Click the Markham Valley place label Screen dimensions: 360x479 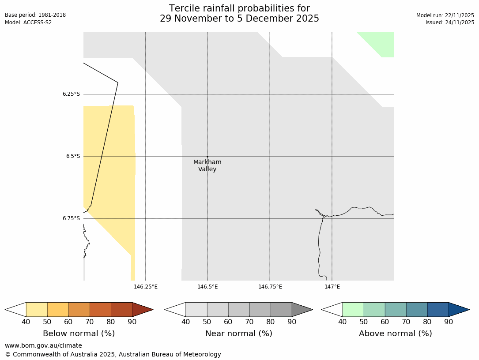[x=207, y=165]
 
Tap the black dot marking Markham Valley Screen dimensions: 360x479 [x=207, y=157]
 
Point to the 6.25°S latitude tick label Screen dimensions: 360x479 [x=71, y=94]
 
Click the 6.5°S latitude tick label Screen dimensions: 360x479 [x=73, y=156]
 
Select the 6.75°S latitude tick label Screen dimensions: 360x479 [x=71, y=218]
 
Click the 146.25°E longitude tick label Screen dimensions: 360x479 [x=146, y=287]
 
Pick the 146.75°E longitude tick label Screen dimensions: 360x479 [x=270, y=287]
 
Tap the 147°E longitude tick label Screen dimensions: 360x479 [x=332, y=287]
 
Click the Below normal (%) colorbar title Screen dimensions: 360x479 [x=79, y=334]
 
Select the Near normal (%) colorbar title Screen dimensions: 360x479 [x=238, y=334]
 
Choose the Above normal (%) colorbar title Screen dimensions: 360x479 [x=395, y=334]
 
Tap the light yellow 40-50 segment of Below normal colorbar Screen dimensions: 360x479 [x=37, y=309]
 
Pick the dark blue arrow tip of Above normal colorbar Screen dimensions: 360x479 [x=458, y=309]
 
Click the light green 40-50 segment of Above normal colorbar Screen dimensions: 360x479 [x=353, y=309]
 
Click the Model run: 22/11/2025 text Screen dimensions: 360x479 [x=445, y=15]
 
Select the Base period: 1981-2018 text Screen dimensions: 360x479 [x=35, y=15]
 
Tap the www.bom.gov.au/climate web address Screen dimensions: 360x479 [x=43, y=345]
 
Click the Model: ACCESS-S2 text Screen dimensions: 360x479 [x=28, y=22]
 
